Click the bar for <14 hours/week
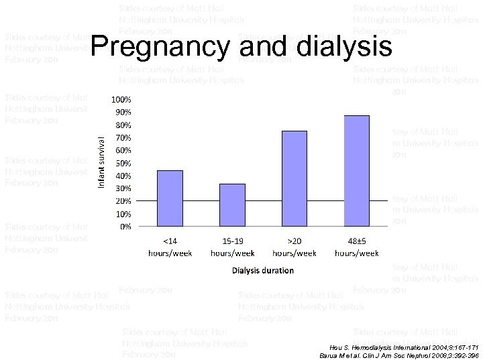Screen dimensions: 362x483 tap(170, 198)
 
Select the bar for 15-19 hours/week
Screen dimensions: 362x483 tap(232, 205)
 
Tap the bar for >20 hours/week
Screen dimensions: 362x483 tap(294, 179)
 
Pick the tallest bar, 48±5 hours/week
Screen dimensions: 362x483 tap(356, 171)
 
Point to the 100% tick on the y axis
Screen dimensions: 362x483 tap(121, 99)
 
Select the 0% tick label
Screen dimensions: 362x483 tap(125, 227)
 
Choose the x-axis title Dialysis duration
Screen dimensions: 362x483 tap(263, 271)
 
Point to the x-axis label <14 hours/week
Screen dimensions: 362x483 tap(170, 247)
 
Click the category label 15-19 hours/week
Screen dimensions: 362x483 tap(232, 247)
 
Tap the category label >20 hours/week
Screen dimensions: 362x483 tap(294, 247)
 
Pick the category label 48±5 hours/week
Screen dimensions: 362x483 tap(356, 247)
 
